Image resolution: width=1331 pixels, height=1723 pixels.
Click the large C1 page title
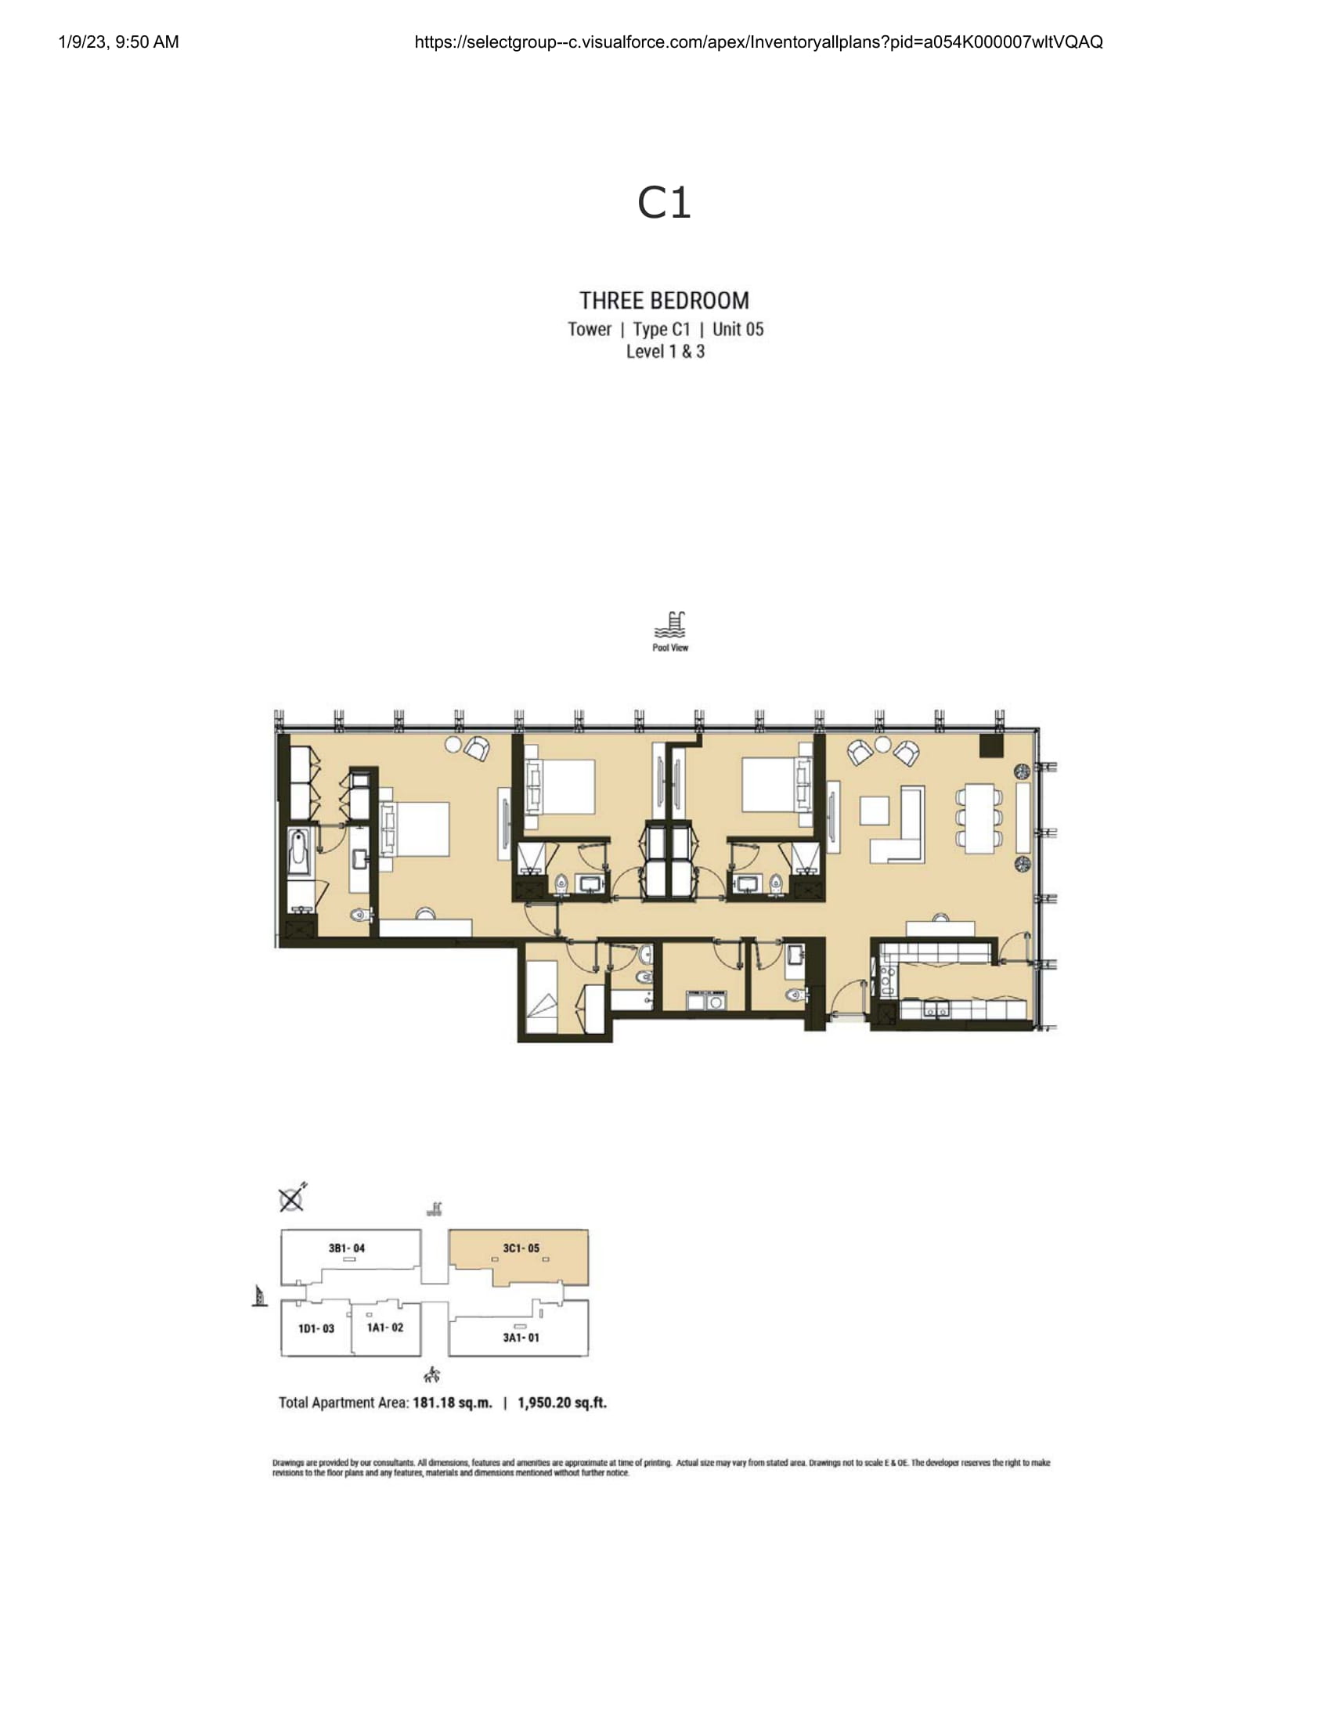click(664, 203)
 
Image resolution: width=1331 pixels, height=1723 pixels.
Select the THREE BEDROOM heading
click(664, 301)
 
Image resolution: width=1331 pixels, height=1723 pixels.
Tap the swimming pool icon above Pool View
click(669, 625)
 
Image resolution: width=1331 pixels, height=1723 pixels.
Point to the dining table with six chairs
click(979, 818)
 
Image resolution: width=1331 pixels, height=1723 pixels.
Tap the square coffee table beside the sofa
click(875, 811)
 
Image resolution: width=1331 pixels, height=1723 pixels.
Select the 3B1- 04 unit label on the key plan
click(347, 1248)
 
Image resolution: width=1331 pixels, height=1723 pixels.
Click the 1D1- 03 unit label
click(316, 1328)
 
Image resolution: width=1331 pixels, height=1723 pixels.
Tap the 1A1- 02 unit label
click(384, 1327)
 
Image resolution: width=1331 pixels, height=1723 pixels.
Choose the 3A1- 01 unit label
click(521, 1337)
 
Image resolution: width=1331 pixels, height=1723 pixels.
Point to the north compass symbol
click(293, 1198)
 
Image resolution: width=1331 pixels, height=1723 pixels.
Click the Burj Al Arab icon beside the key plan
click(258, 1296)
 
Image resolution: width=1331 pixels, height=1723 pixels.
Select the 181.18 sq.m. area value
click(453, 1403)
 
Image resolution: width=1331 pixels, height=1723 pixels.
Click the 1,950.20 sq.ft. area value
click(562, 1403)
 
